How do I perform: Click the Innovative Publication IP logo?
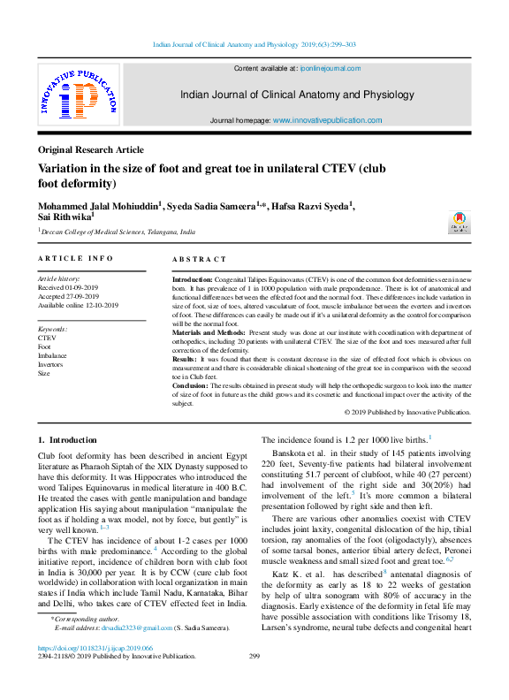pos(78,97)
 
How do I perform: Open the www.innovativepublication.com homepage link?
pos(328,120)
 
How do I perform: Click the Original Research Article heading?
pos(90,150)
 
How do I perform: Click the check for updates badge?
pos(460,222)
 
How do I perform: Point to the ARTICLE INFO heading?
pos(75,258)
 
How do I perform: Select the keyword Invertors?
pos(50,364)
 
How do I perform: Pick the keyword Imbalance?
pos(52,355)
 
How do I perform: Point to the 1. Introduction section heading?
pos(67,439)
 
